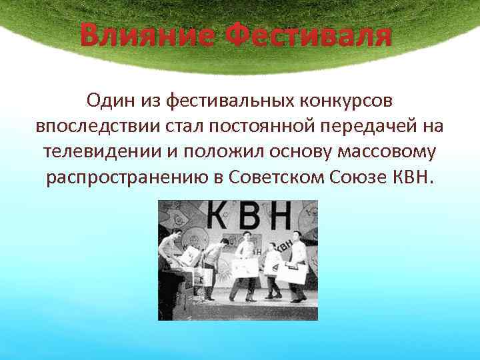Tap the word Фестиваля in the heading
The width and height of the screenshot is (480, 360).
coord(307,35)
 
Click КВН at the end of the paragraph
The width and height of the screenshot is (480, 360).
coord(413,178)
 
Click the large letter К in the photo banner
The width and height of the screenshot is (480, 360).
coord(222,217)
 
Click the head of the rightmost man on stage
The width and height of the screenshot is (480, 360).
coord(295,237)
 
